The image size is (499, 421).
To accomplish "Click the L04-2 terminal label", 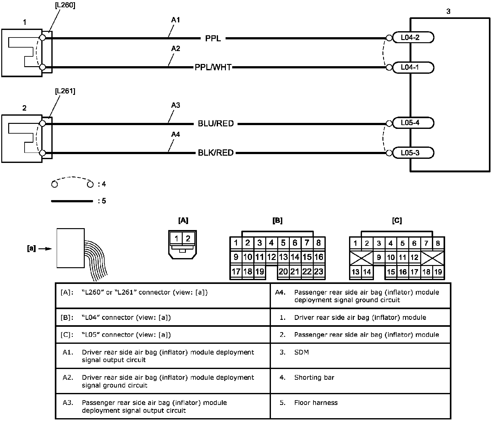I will coord(410,37).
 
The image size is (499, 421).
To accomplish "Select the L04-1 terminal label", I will coord(410,67).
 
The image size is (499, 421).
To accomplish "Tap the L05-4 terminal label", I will coord(410,123).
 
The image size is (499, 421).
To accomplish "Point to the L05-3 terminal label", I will coord(410,153).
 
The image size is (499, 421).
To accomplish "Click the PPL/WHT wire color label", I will coord(213,67).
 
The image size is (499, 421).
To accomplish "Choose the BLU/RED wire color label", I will coord(216,124).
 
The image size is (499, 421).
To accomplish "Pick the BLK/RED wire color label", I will coord(216,153).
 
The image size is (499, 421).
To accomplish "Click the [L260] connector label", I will coord(65,5).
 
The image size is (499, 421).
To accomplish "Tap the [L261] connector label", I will coord(65,91).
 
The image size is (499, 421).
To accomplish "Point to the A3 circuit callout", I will coord(175,105).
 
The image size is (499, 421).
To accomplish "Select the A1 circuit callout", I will coord(175,20).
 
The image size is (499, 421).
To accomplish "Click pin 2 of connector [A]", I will coord(188,238).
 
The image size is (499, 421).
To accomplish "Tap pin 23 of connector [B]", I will coord(319,272).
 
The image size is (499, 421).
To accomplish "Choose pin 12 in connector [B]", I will coord(272,257).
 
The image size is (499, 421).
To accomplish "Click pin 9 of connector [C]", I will coord(379,257).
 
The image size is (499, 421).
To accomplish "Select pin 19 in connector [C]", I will coord(438,272).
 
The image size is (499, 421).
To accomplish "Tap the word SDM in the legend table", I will coord(301,352).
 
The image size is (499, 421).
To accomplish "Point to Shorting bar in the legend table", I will coord(314,377).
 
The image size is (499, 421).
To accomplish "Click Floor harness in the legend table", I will coord(316,402).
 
